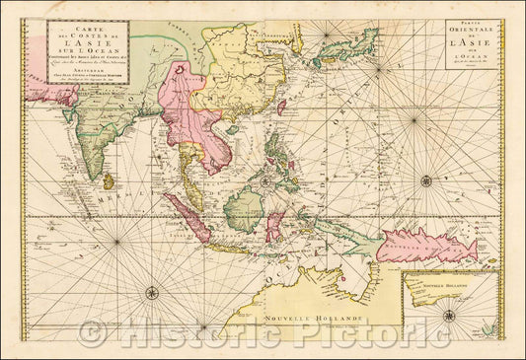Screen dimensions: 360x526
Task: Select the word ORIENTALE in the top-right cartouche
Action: (x=465, y=35)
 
